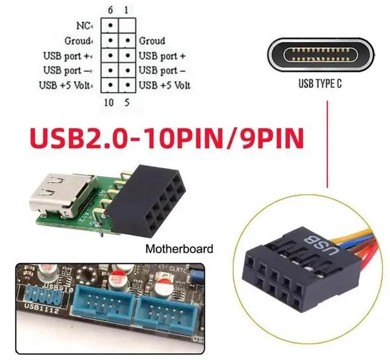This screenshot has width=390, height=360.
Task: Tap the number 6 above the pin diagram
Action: pyautogui.click(x=110, y=10)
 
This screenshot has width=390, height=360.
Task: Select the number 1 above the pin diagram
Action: pyautogui.click(x=126, y=10)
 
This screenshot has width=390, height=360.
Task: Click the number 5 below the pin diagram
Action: pyautogui.click(x=126, y=102)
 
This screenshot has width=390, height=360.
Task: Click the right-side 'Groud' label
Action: pyautogui.click(x=152, y=41)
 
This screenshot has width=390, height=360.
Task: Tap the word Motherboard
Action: pyautogui.click(x=180, y=249)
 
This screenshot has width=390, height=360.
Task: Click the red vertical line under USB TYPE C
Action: pyautogui.click(x=328, y=146)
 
